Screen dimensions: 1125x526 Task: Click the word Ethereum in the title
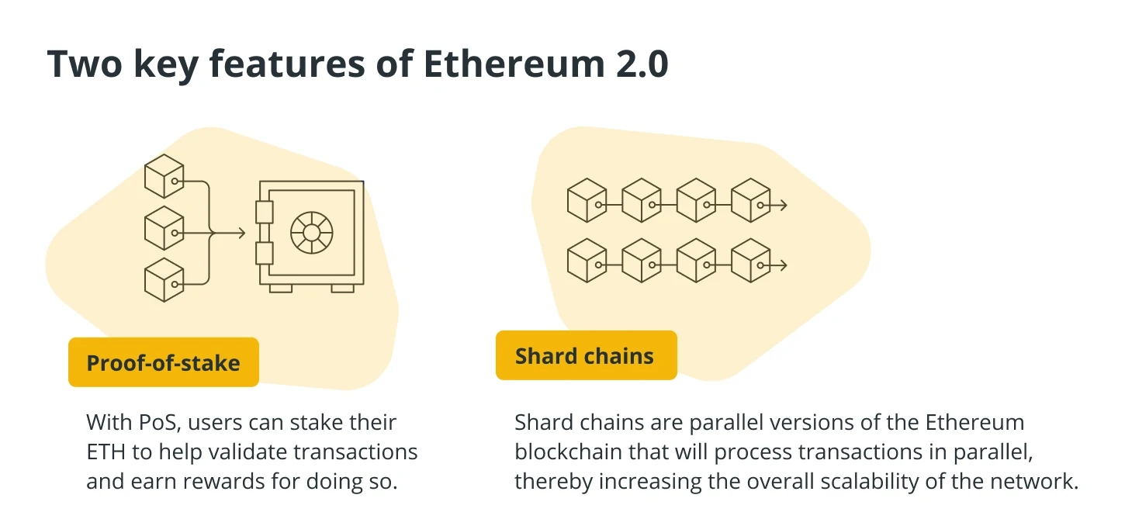pos(514,64)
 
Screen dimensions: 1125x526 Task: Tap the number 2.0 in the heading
pos(642,64)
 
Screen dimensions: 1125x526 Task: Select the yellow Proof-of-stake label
pos(164,362)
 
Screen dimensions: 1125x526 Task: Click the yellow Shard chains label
pos(586,355)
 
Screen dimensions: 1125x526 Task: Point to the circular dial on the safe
pos(311,233)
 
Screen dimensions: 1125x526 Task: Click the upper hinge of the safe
pos(264,212)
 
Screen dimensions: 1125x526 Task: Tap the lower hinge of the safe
pos(264,253)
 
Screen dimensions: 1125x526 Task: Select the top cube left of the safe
pos(164,176)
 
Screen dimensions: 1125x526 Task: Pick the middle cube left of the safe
pos(164,228)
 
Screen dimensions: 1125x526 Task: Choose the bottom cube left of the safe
pos(164,280)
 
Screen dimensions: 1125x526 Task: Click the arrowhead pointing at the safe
pos(241,233)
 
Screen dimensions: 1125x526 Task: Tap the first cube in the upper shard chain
pos(587,200)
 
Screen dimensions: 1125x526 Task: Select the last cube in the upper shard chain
pos(750,200)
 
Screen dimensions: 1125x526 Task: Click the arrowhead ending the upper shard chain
pos(783,205)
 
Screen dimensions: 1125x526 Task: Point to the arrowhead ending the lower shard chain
pos(783,265)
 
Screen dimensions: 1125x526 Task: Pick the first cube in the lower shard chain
pos(587,260)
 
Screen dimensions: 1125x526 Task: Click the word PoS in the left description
pos(159,423)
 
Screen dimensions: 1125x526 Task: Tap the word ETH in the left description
pos(106,452)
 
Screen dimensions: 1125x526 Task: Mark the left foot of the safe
pos(281,289)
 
